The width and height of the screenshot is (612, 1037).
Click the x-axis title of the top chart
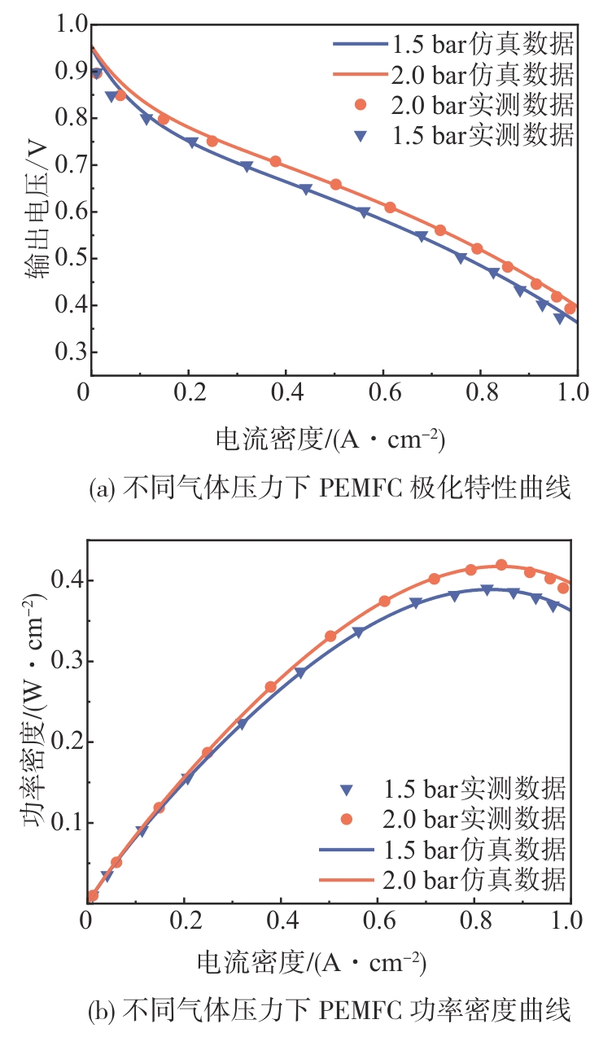[330, 440]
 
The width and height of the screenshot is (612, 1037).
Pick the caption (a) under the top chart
[330, 488]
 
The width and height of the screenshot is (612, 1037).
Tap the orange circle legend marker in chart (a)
[361, 105]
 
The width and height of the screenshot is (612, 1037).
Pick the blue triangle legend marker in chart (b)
[348, 789]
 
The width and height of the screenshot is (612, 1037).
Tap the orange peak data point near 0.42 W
[501, 565]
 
